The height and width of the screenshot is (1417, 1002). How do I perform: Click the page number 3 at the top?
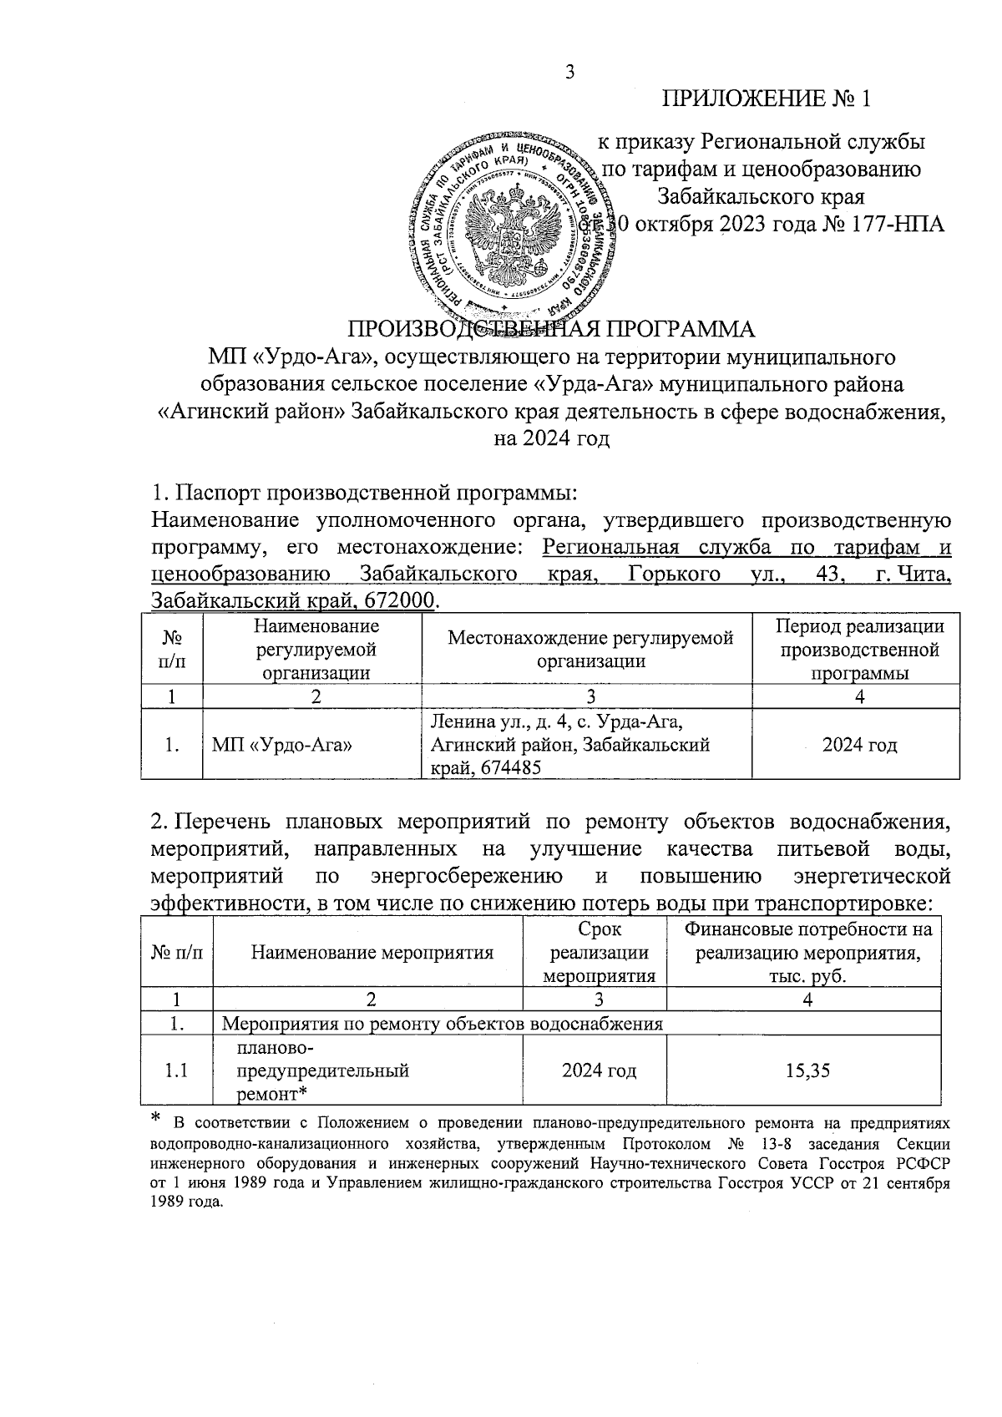pyautogui.click(x=570, y=72)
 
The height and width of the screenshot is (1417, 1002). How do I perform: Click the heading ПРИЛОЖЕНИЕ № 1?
pyautogui.click(x=767, y=99)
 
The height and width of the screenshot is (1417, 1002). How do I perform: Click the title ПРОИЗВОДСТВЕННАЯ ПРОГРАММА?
pyautogui.click(x=550, y=326)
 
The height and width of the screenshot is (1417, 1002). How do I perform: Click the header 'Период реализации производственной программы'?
pyautogui.click(x=859, y=650)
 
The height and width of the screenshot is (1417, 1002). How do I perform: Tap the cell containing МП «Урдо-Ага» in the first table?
pyautogui.click(x=281, y=745)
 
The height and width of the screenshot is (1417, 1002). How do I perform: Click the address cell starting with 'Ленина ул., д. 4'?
pyautogui.click(x=569, y=745)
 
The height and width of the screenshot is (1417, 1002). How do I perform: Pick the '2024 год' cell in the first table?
pyautogui.click(x=859, y=745)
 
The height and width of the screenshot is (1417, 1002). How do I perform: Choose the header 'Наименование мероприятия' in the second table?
pyautogui.click(x=372, y=952)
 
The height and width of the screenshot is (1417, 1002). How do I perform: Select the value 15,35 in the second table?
pyautogui.click(x=807, y=1070)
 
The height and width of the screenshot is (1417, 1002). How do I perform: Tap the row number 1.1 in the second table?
pyautogui.click(x=176, y=1070)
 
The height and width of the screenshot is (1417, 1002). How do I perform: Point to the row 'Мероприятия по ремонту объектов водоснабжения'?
pyautogui.click(x=443, y=1024)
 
